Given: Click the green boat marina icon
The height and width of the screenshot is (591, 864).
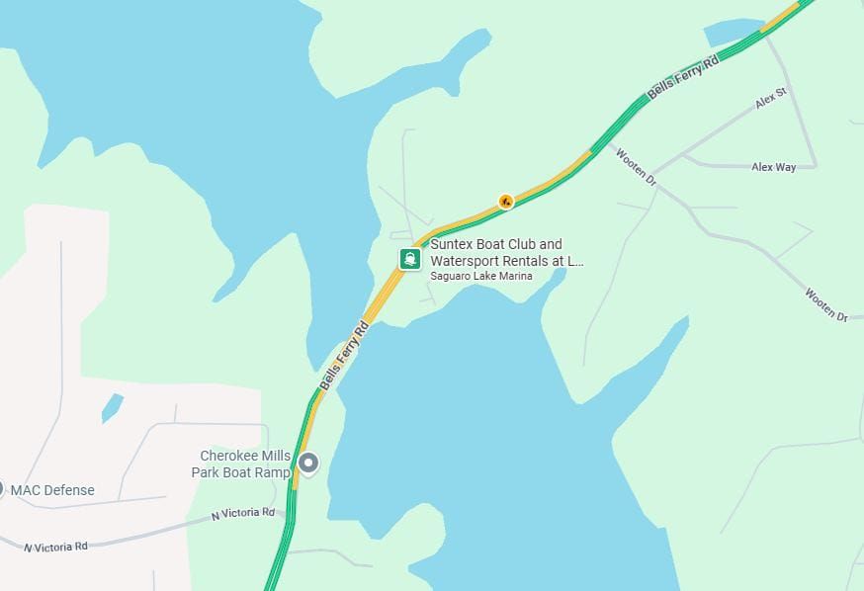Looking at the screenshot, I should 410,259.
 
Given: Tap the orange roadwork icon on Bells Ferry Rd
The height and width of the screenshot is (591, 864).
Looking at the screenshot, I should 506,202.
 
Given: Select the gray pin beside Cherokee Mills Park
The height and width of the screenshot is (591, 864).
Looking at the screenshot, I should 308,463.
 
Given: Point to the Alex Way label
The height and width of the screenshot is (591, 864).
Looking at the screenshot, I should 773,168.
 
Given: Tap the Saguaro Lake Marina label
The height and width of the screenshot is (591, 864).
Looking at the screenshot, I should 481,276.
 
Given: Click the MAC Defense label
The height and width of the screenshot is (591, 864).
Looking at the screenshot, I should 52,490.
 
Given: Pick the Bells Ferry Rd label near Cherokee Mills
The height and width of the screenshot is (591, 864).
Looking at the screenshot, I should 344,353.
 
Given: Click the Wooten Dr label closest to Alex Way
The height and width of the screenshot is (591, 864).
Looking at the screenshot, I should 636,166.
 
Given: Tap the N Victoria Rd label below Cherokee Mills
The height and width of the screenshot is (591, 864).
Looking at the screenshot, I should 243,513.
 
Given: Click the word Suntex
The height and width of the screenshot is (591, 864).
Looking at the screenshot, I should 452,244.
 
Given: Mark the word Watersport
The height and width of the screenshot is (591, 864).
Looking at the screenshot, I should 466,261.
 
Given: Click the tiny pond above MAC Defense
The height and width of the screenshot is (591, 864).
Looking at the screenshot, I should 112,406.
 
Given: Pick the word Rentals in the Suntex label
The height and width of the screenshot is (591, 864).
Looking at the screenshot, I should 530,261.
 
